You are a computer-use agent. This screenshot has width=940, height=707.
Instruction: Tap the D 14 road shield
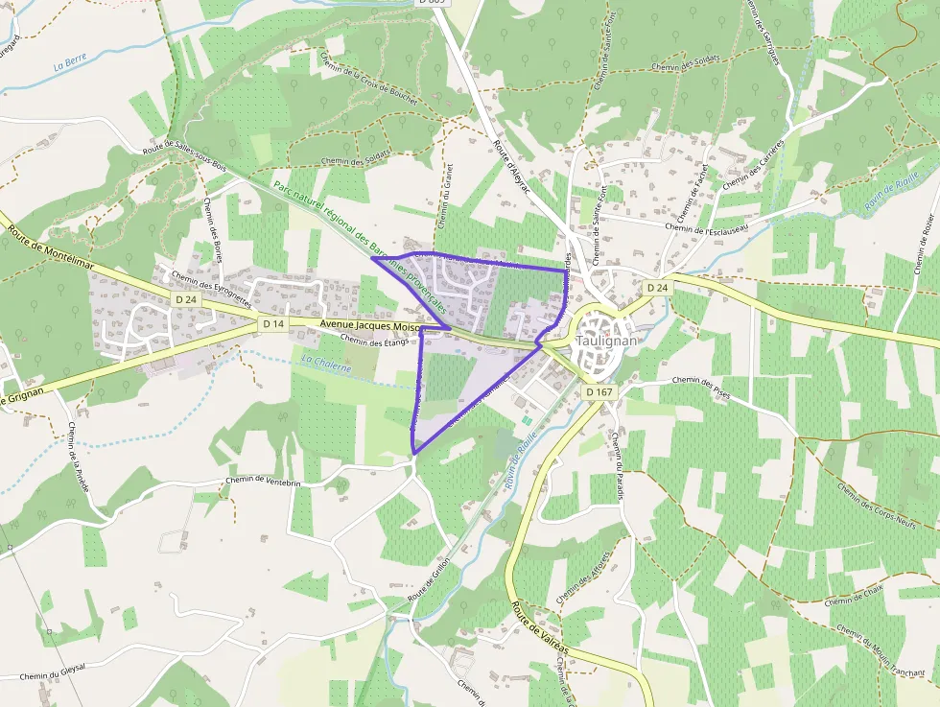(272, 324)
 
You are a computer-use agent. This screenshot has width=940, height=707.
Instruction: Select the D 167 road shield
(599, 391)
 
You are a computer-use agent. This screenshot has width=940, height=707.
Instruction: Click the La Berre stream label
(70, 62)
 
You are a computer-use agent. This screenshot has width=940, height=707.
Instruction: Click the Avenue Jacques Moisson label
(370, 327)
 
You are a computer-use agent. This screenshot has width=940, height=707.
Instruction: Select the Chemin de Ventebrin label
(263, 482)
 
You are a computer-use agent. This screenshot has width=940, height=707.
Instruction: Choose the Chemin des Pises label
(701, 386)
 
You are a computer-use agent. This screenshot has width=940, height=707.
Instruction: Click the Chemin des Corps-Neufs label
(877, 507)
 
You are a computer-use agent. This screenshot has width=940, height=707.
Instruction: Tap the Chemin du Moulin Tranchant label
(880, 652)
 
